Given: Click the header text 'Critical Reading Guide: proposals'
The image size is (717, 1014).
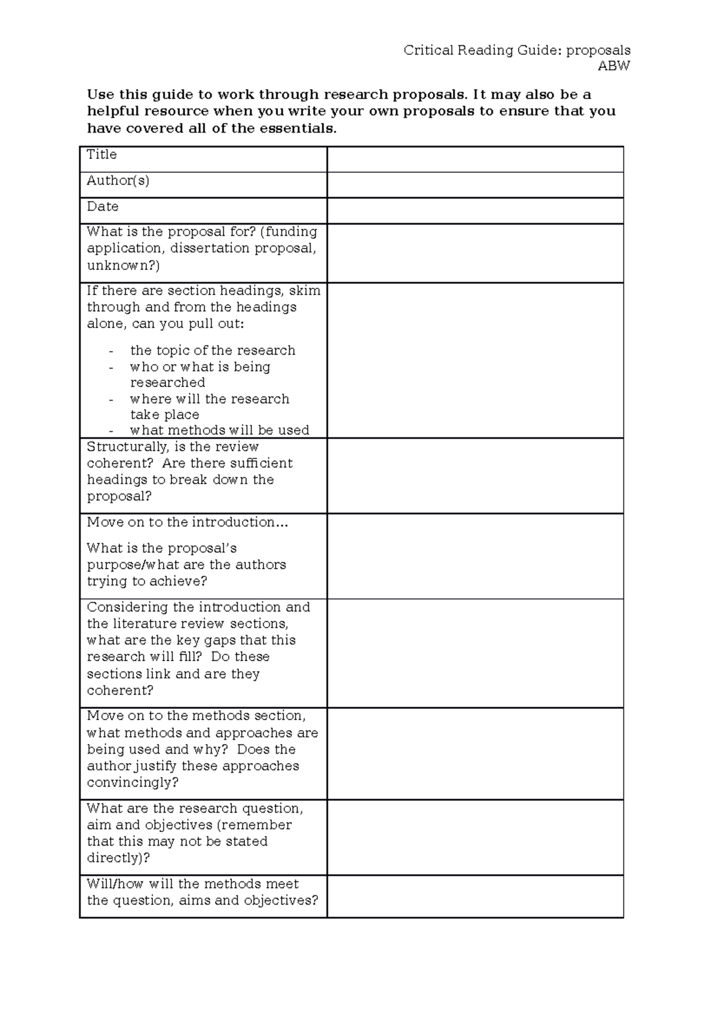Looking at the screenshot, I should [517, 50].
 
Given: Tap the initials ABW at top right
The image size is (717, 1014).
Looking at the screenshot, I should [614, 66].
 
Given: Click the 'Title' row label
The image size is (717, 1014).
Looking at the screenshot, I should [102, 155].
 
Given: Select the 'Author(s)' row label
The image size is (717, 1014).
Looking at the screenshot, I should [118, 180].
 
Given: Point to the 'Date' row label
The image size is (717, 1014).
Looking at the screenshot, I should [102, 207].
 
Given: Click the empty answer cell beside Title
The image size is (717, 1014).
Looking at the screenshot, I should [475, 159].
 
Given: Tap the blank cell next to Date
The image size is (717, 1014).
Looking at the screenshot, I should [475, 211].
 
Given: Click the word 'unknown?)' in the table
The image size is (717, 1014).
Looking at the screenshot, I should [123, 265].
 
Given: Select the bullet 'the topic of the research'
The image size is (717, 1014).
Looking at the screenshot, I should [213, 351].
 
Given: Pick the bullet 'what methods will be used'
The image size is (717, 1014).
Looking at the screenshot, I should [219, 430].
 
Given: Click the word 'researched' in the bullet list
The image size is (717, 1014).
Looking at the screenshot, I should [167, 382].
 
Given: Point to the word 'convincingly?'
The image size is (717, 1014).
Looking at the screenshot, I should [133, 782].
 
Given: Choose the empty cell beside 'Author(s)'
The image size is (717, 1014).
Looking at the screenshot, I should [475, 185].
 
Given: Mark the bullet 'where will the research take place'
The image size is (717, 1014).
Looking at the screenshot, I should [209, 406].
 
